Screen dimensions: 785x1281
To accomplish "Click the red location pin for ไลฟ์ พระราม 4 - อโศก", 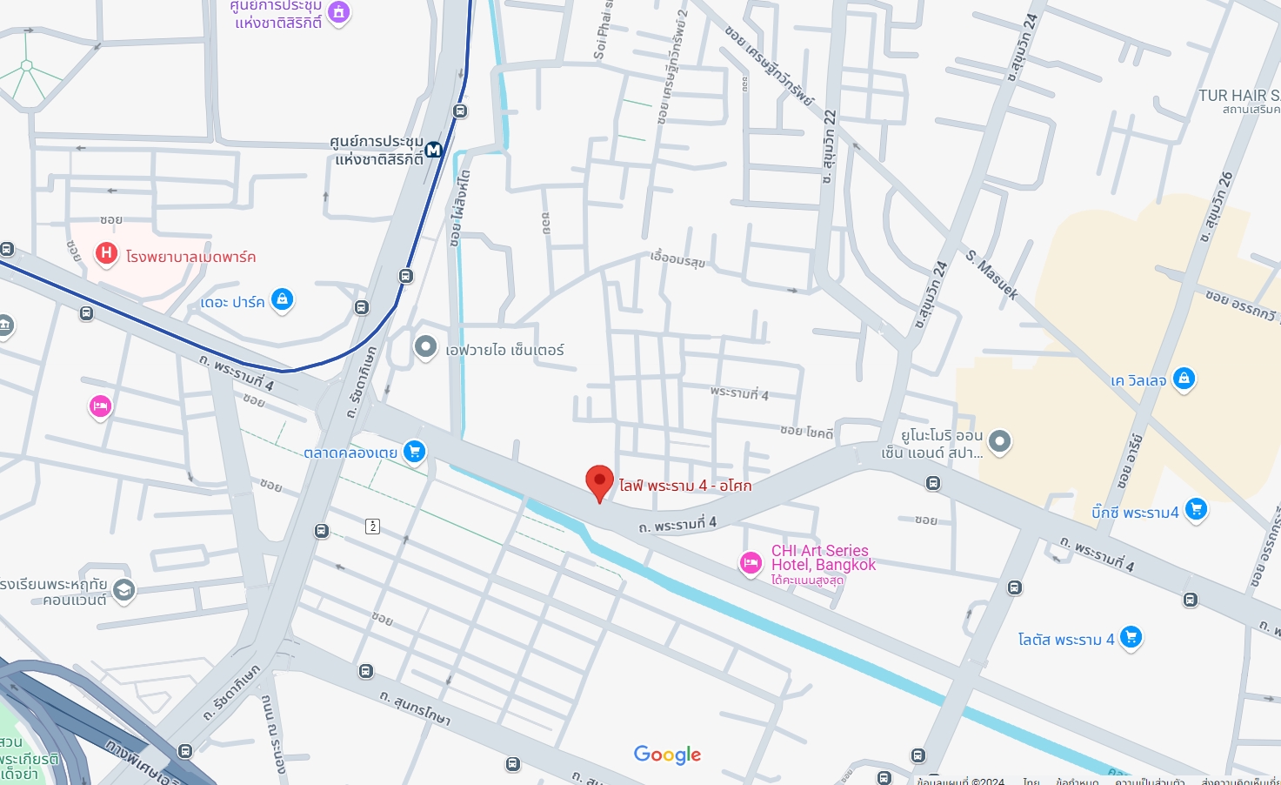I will coord(599,481).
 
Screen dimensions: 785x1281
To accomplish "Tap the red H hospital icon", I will coord(106,253).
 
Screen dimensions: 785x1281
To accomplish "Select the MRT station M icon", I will coord(433,150).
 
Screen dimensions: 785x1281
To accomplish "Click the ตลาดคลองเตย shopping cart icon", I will coord(414,451).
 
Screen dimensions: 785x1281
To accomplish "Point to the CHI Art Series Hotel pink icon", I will coord(751,563).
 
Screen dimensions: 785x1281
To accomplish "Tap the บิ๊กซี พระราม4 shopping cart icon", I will coord(1197,509).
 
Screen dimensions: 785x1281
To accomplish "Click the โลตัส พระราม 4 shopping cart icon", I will coord(1131,637).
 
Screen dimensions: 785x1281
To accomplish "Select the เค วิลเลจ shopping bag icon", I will coord(1184,379).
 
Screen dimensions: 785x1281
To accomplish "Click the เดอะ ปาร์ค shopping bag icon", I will coord(282,299).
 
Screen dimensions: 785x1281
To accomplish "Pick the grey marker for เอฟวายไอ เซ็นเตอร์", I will coord(425,347).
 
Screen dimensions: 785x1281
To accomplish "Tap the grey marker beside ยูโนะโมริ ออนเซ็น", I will coord(1000,441).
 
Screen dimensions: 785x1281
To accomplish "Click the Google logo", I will coord(667,755).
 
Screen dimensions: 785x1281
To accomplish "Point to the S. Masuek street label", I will coord(991,275).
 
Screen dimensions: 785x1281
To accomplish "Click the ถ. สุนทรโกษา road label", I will coord(415,708).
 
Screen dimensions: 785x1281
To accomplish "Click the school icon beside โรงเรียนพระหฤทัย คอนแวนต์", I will coord(123,590).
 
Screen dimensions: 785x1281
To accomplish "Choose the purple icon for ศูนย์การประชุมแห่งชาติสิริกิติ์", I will coord(338,12).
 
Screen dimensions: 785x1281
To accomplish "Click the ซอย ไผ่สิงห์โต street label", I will coord(460,209).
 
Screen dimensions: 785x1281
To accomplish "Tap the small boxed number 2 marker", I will coord(373,526).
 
